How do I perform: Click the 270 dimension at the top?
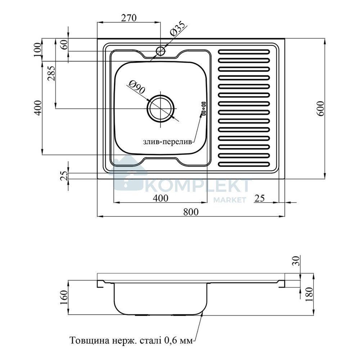(129, 18)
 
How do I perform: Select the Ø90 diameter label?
(137, 87)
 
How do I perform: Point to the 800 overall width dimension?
(191, 212)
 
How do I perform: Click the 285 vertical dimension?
(51, 73)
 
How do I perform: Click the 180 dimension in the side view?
(309, 294)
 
